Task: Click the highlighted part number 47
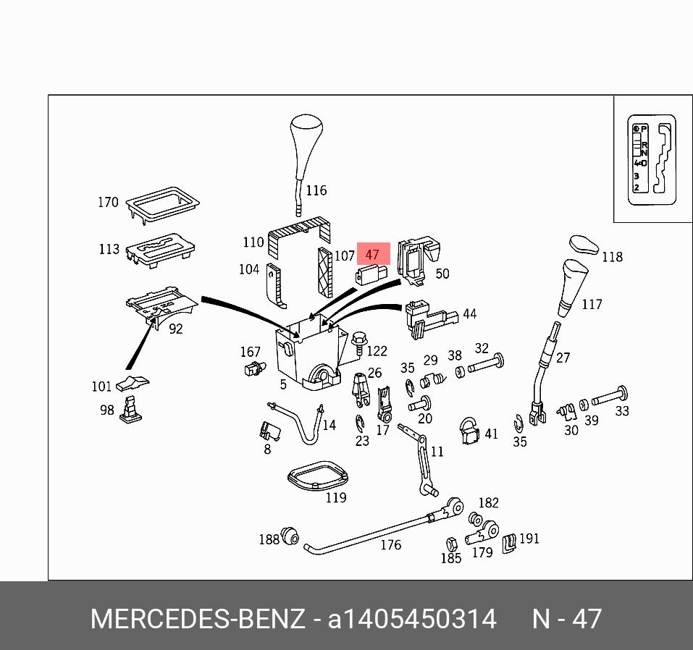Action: point(372,254)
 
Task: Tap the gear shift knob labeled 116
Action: point(304,138)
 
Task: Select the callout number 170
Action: point(108,202)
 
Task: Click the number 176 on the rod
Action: point(390,544)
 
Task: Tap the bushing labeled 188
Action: point(290,536)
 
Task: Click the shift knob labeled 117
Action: point(574,287)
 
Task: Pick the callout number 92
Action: point(175,329)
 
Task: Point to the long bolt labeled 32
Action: point(486,364)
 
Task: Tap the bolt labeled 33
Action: point(610,397)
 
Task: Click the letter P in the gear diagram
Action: point(644,128)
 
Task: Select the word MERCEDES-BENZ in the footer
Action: point(197,620)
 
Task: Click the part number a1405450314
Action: point(412,620)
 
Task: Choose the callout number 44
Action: point(469,313)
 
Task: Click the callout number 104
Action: point(248,269)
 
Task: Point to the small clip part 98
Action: point(130,410)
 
